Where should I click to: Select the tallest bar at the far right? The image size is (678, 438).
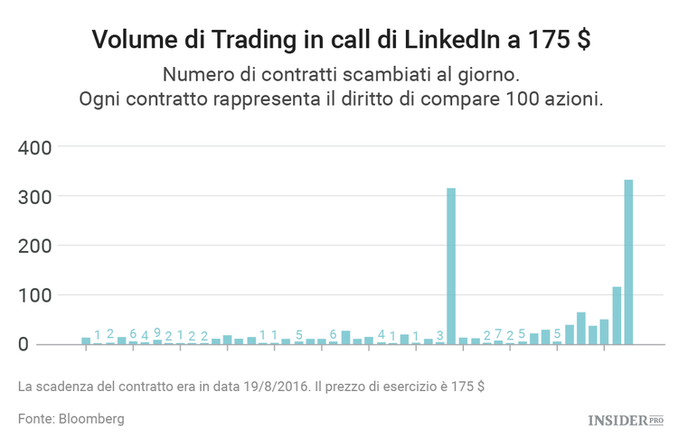click(628, 262)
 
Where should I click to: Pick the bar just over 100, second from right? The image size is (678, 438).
click(617, 315)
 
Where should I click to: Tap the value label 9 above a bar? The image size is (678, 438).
click(157, 332)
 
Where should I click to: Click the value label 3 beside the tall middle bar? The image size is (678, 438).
click(440, 336)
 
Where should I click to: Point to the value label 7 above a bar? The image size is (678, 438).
click(498, 334)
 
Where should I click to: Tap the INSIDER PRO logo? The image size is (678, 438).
click(625, 420)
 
